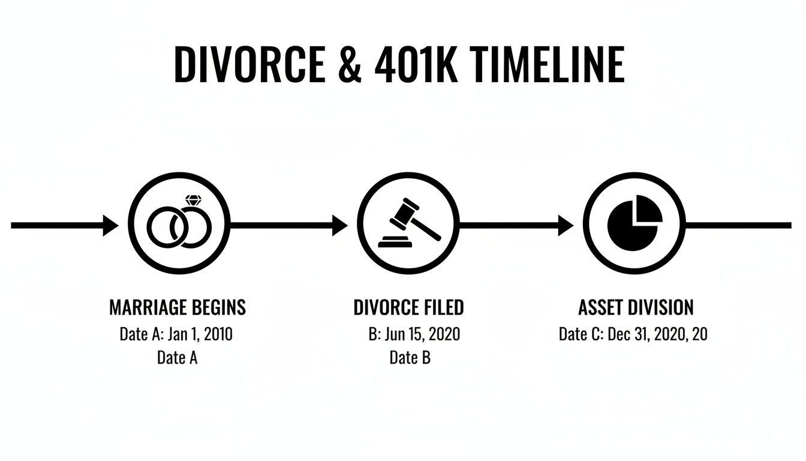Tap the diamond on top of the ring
[193, 200]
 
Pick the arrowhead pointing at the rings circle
[112, 226]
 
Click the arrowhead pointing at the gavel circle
[340, 226]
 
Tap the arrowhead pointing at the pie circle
[566, 226]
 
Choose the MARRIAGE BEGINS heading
[178, 308]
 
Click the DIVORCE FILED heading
[408, 308]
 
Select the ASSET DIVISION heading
[636, 308]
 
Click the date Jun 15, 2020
[422, 334]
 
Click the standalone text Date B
[410, 358]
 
